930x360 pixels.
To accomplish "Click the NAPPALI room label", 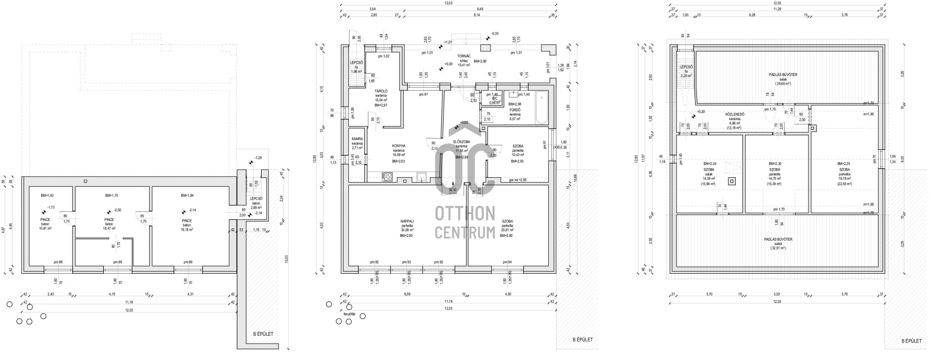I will pos(406,221).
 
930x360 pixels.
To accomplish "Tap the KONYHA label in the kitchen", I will pos(399,146).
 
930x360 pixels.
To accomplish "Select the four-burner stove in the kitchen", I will pos(387,177).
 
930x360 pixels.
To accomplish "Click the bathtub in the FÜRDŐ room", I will pos(541,108).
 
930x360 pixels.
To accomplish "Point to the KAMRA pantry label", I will pos(357,139).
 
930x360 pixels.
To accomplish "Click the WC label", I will pos(495,98).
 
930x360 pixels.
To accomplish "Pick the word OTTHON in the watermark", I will pos(465,213).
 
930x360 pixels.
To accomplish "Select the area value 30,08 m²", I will pos(406,230).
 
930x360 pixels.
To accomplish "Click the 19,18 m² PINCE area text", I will pos(186,230).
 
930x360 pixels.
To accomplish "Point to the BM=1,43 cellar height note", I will pos(47,195).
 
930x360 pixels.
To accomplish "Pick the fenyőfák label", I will pos(349,314).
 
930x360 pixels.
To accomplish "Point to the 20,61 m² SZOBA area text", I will pos(507,230).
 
